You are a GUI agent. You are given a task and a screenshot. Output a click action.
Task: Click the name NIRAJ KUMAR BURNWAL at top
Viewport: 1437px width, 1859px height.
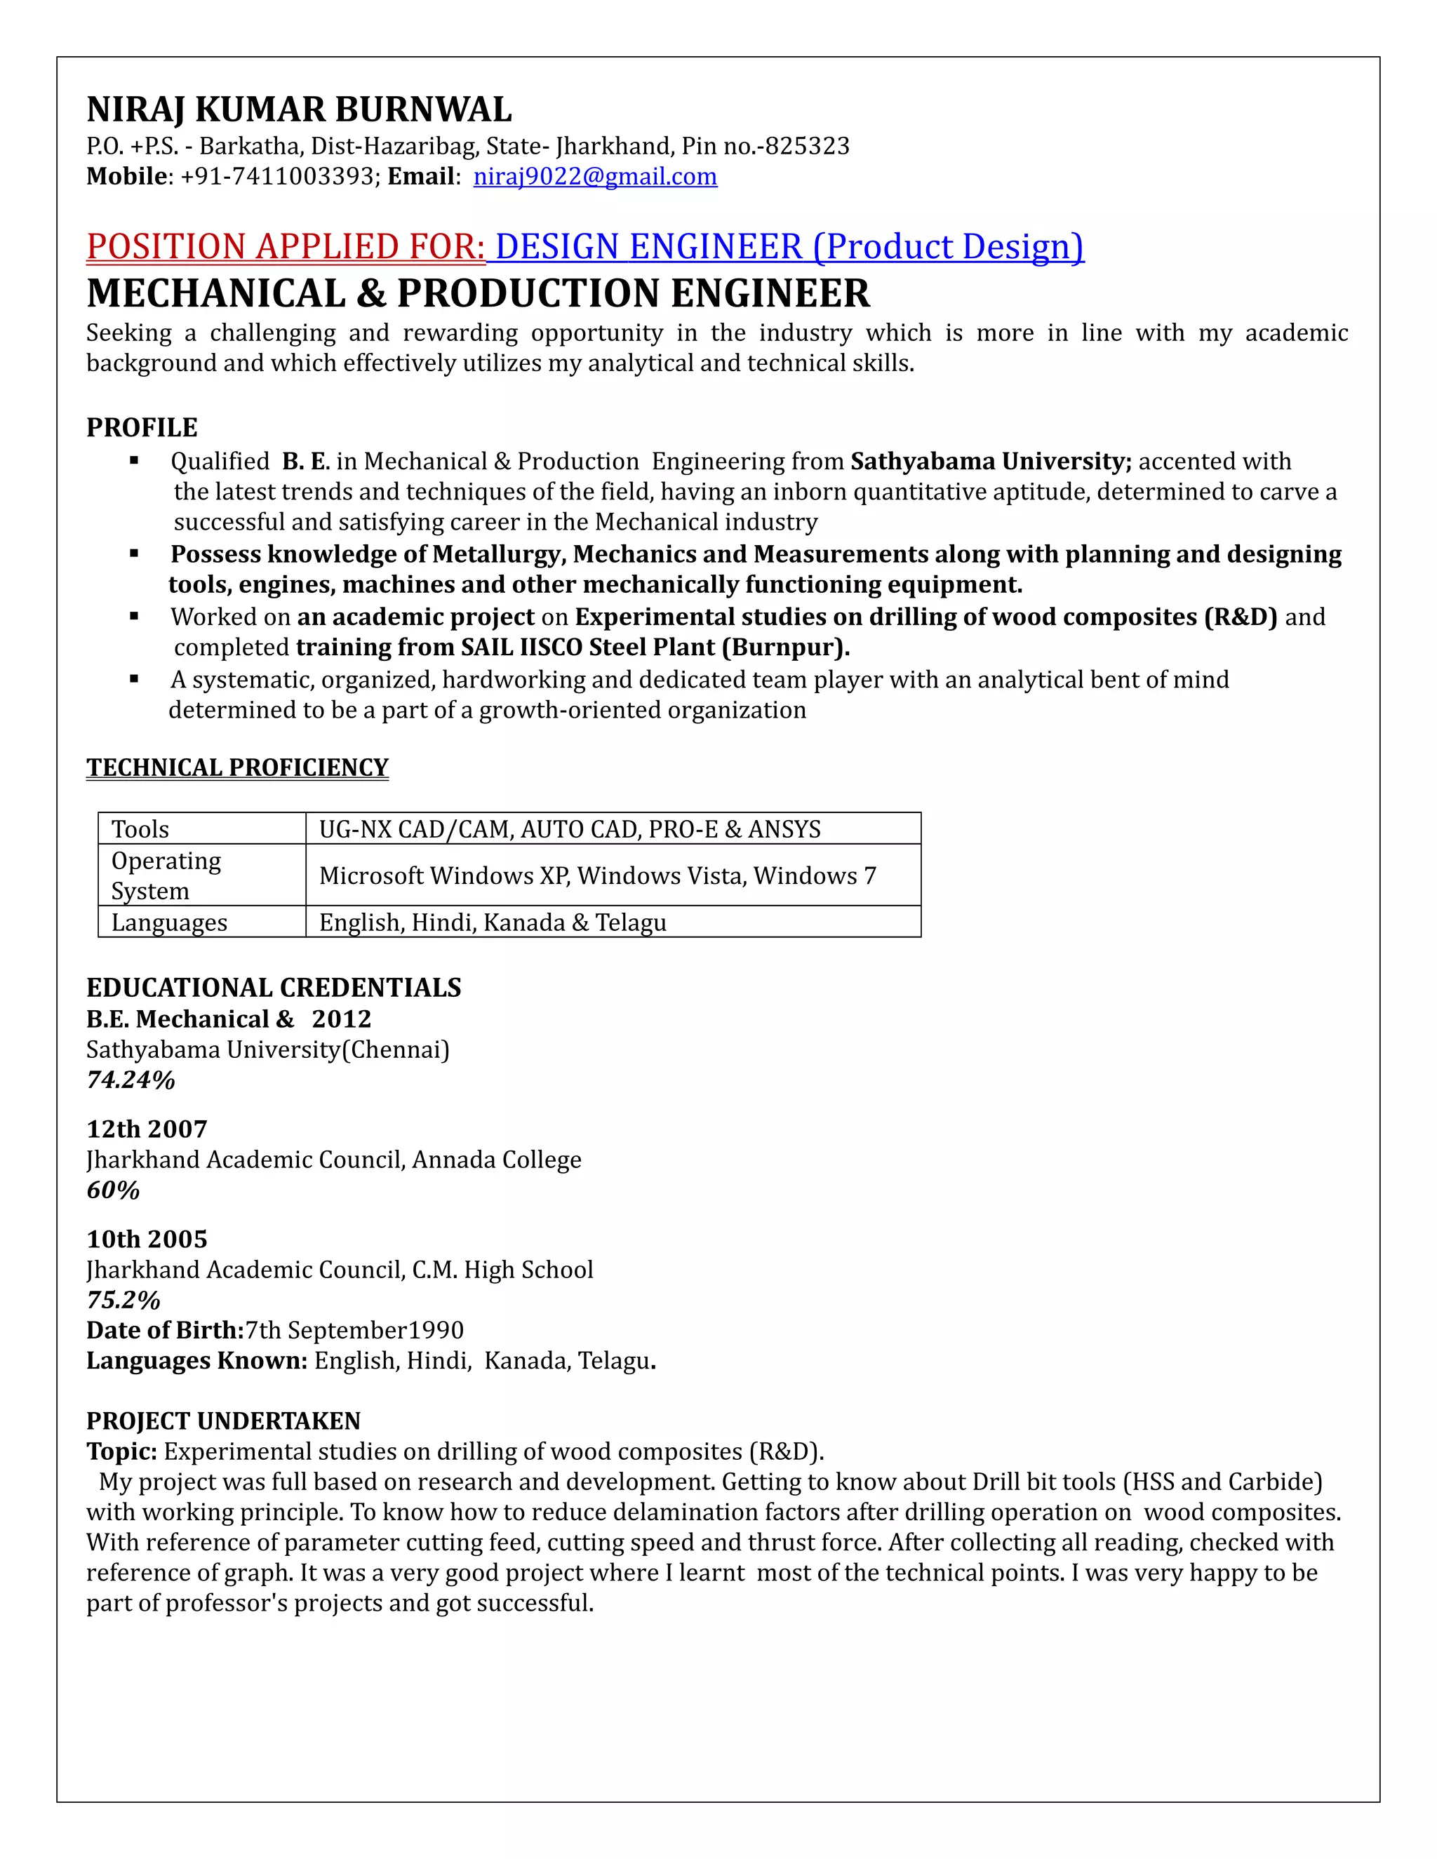(x=299, y=110)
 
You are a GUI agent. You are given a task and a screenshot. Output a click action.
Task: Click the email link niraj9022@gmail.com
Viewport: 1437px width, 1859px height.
(x=594, y=176)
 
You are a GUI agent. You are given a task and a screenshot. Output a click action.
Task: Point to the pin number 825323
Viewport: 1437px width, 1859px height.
(x=806, y=147)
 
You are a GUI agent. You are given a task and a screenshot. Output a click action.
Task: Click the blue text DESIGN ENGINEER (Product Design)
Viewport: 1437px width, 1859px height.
(x=789, y=247)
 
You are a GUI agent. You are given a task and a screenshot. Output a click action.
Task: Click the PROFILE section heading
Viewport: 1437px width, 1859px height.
(x=141, y=427)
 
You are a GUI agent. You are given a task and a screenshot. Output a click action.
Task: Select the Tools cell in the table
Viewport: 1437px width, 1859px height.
(x=140, y=829)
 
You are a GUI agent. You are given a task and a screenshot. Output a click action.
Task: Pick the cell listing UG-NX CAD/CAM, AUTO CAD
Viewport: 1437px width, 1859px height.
(x=570, y=829)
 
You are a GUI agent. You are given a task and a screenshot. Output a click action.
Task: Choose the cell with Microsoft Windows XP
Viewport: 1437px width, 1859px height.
(x=597, y=876)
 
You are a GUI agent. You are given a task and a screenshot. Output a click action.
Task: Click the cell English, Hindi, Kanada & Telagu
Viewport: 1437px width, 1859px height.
(x=492, y=922)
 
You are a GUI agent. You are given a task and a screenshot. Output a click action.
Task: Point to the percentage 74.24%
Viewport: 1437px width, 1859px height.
(x=131, y=1080)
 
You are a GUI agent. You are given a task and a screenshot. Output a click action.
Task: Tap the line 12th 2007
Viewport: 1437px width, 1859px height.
(x=147, y=1129)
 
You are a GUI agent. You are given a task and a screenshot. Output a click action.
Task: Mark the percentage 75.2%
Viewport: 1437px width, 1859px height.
(x=123, y=1301)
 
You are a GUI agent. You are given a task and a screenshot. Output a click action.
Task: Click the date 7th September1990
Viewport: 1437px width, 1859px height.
(x=354, y=1330)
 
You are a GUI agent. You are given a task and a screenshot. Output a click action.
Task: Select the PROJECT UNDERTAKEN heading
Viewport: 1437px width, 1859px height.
(x=223, y=1421)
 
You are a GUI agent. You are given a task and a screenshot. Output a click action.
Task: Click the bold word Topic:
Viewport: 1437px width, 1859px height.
(x=121, y=1451)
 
